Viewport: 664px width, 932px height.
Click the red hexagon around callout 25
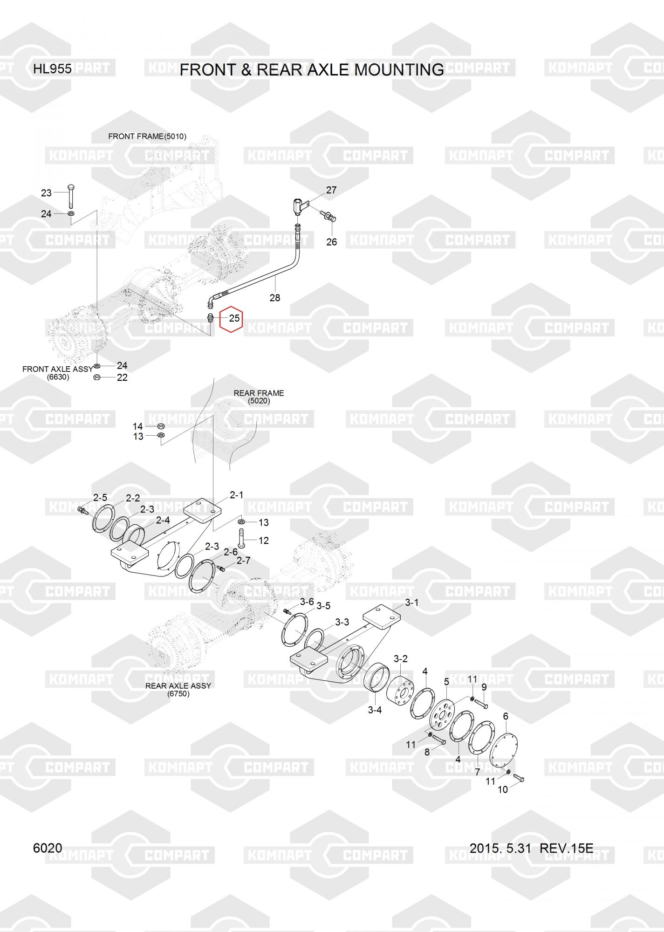[x=231, y=319]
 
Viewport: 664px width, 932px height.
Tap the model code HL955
[x=52, y=69]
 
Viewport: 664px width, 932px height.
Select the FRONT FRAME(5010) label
[x=147, y=137]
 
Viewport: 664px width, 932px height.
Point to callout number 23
[x=46, y=193]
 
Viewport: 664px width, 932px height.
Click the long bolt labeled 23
[x=71, y=197]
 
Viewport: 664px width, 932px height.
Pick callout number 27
[x=331, y=190]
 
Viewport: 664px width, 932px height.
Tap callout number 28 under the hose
[x=275, y=298]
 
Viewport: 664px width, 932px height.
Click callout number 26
[x=331, y=242]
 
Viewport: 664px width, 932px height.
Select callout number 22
[x=122, y=377]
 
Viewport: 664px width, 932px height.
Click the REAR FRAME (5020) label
[x=259, y=397]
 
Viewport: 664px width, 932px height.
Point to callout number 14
[x=137, y=426]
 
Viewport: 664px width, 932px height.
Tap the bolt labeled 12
[x=241, y=539]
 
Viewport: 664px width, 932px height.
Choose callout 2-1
[x=236, y=495]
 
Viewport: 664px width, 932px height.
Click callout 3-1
[x=411, y=603]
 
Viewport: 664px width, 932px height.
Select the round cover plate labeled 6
[x=506, y=746]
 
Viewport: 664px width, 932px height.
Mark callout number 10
[x=503, y=789]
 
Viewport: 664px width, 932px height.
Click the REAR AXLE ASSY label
[x=178, y=686]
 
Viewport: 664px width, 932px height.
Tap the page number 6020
[x=48, y=848]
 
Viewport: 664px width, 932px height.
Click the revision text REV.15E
[x=567, y=848]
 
